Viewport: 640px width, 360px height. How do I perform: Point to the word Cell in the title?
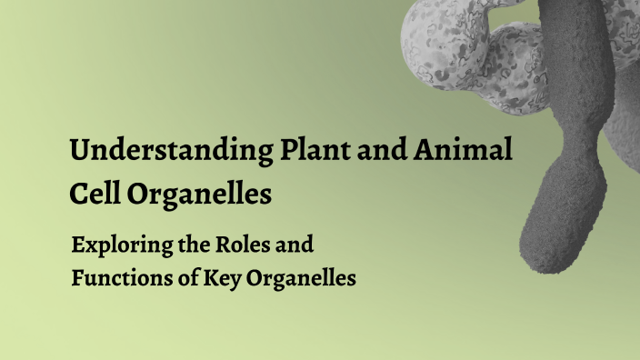[x=94, y=194]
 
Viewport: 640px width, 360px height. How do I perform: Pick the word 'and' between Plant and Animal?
[x=389, y=151]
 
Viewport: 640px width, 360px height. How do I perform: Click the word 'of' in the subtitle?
[x=188, y=278]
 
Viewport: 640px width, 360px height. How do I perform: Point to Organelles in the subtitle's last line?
[x=299, y=278]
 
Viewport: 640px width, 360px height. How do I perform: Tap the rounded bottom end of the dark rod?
[x=545, y=259]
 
